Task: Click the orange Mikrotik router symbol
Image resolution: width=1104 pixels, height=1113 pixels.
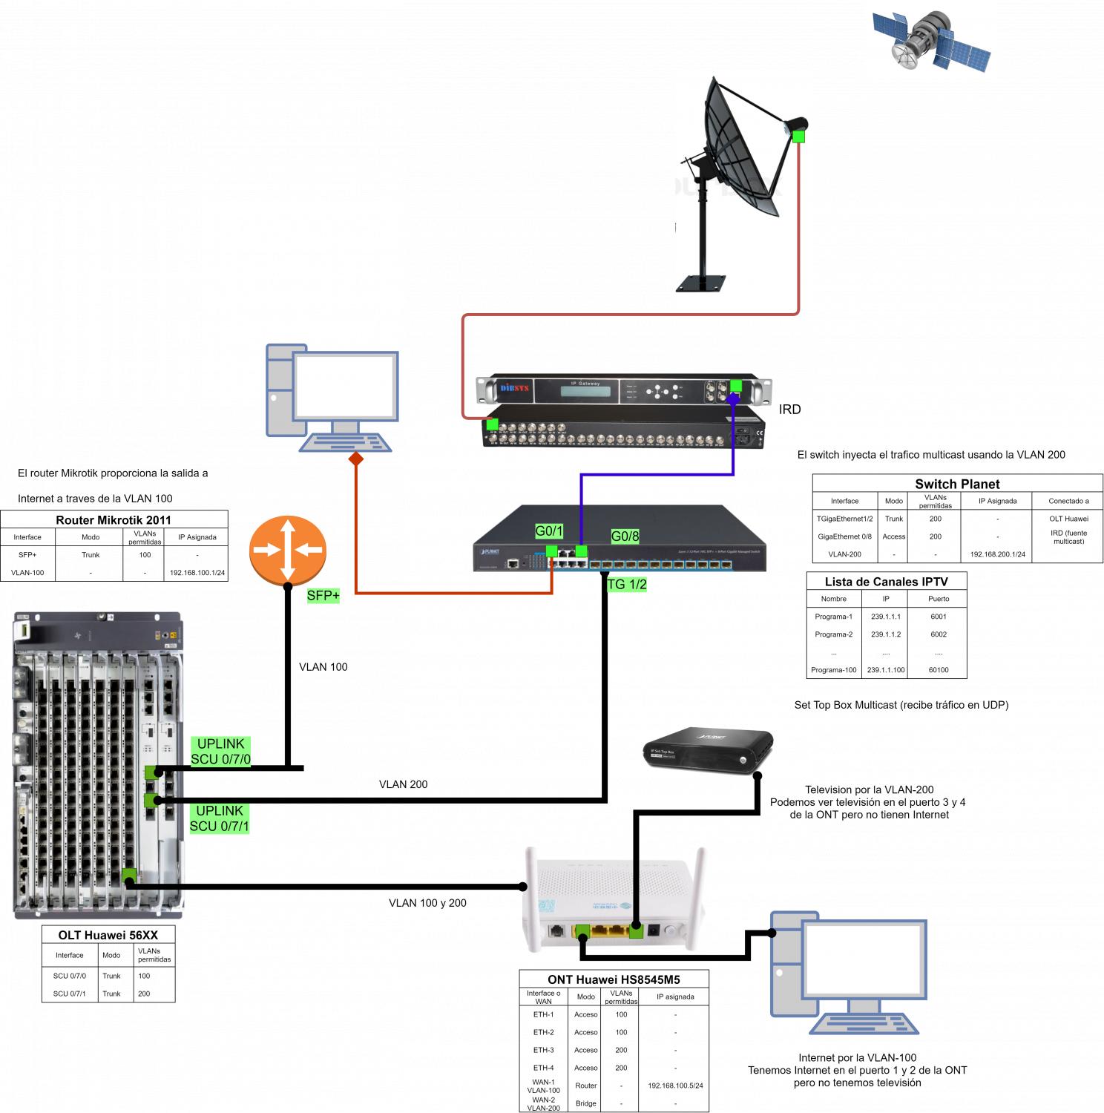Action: tap(288, 550)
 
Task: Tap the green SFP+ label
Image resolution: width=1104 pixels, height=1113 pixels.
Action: tap(323, 595)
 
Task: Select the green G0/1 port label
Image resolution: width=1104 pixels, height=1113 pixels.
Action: tap(549, 531)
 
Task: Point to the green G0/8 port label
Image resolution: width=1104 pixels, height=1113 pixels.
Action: tap(625, 536)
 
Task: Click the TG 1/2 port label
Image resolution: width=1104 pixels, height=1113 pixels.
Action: tap(627, 585)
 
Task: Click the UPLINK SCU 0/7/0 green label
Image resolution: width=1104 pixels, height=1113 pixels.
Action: tap(220, 752)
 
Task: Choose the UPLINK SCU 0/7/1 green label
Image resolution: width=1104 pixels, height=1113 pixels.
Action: tap(220, 818)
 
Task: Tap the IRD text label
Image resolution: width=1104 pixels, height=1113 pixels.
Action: tap(789, 410)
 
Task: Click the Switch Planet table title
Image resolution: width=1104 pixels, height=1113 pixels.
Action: tap(957, 484)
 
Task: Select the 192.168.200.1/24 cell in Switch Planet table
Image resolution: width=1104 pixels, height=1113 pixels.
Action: tap(997, 554)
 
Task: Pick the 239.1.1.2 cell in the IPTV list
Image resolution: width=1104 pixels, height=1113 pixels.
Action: tap(886, 634)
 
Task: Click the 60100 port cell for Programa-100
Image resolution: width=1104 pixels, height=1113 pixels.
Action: tap(939, 670)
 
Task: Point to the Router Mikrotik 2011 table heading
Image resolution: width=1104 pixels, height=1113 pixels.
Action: tap(114, 520)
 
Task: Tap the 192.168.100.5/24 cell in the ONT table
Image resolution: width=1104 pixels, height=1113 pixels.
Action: tap(675, 1086)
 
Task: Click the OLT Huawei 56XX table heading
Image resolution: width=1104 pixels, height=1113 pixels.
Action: tap(108, 935)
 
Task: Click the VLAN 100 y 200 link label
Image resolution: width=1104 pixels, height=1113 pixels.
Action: tap(427, 903)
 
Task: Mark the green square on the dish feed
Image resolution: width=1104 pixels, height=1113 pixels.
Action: tap(798, 137)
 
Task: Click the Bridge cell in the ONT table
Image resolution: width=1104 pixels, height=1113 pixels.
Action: tap(585, 1103)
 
